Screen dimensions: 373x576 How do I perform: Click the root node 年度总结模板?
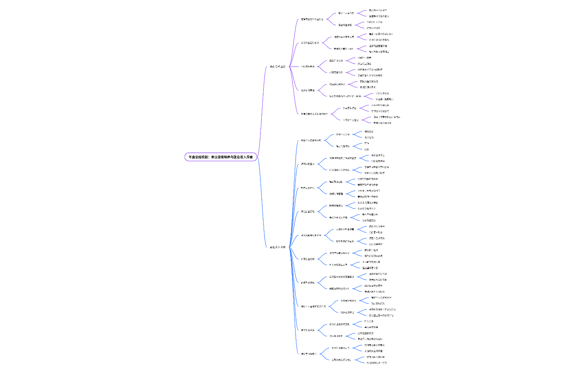221,157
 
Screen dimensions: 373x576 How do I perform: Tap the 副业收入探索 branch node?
278,247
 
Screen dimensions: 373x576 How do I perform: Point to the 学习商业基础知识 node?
310,43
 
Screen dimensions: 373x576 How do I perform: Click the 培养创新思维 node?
308,90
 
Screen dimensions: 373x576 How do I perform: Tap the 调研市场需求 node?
308,164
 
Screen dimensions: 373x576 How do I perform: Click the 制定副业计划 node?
308,188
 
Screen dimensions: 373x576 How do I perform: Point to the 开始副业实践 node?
308,211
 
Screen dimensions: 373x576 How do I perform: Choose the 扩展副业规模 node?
308,259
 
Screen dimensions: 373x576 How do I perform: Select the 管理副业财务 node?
308,282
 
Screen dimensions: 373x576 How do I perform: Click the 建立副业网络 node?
308,330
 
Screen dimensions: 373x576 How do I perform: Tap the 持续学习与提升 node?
308,354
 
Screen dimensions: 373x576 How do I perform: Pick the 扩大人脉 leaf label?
369,321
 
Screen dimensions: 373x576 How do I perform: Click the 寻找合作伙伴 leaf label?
371,327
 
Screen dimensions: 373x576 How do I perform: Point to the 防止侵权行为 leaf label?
372,303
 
